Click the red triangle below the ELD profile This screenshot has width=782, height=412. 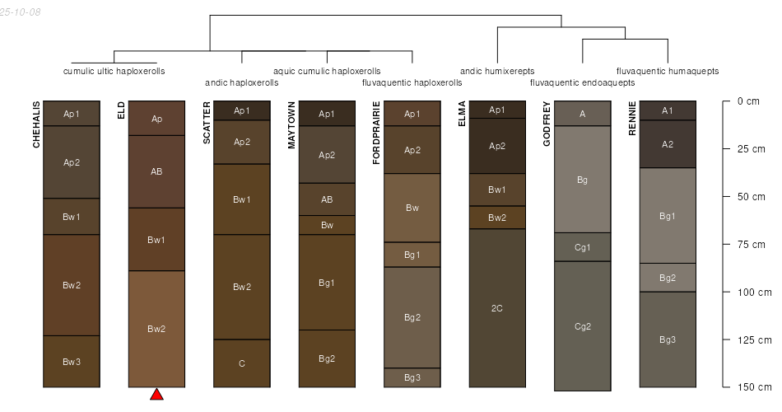[x=156, y=395]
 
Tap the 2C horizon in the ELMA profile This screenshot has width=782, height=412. [x=497, y=308]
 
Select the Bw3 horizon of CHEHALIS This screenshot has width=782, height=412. [x=72, y=362]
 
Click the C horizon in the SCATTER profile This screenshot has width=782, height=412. [x=242, y=363]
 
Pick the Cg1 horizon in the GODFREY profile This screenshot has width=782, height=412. [x=582, y=247]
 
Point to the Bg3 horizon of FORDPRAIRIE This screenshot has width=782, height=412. [x=412, y=377]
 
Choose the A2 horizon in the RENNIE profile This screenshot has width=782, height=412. [x=668, y=144]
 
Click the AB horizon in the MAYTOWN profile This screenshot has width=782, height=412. [x=327, y=199]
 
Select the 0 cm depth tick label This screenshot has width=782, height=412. [x=748, y=101]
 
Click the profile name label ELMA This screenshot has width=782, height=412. [x=461, y=114]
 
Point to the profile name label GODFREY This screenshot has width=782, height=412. [x=547, y=124]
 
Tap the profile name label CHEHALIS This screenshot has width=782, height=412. [x=36, y=125]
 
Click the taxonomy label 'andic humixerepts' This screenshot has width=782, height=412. [x=496, y=71]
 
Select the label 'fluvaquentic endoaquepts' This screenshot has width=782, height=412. [x=582, y=82]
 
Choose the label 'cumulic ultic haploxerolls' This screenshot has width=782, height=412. [x=114, y=71]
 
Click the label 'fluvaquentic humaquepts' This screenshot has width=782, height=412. [x=668, y=71]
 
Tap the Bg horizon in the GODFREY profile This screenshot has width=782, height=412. [x=582, y=179]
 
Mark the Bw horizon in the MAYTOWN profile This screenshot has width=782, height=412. [x=327, y=225]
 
